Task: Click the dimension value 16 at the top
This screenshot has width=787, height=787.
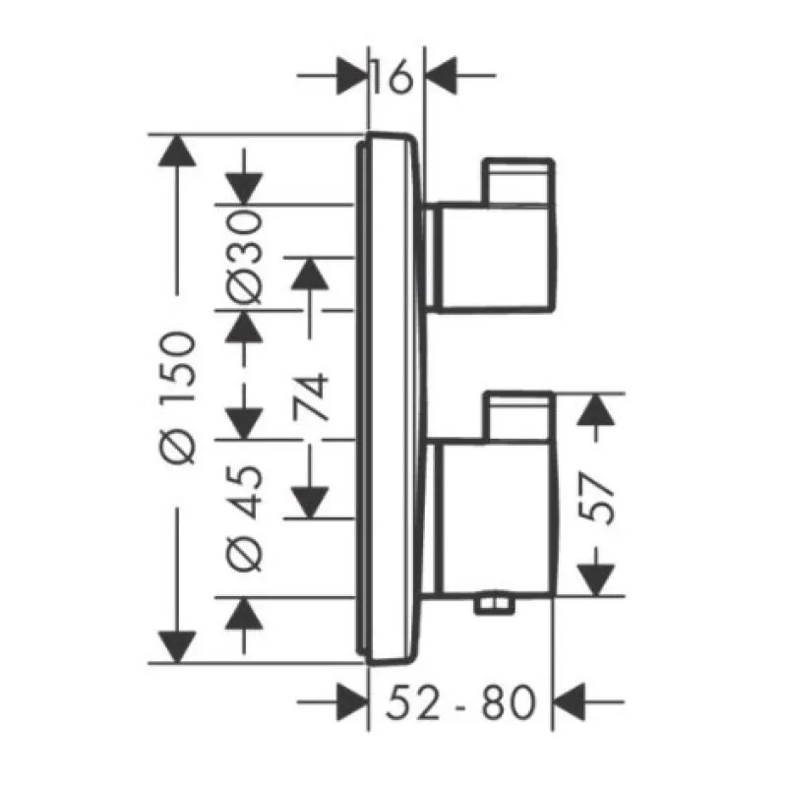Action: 393,77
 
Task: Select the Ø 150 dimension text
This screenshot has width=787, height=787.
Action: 177,397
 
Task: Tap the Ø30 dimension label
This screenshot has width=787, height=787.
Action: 244,257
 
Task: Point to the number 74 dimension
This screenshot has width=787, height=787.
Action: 310,396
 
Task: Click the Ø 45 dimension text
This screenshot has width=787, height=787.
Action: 244,518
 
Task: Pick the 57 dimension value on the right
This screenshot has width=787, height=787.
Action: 596,498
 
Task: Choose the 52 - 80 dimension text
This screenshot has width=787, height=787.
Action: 459,702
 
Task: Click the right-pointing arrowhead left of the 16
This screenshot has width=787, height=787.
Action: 350,76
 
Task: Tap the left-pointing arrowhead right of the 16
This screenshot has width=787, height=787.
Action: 442,76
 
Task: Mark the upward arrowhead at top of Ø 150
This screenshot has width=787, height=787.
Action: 177,151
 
